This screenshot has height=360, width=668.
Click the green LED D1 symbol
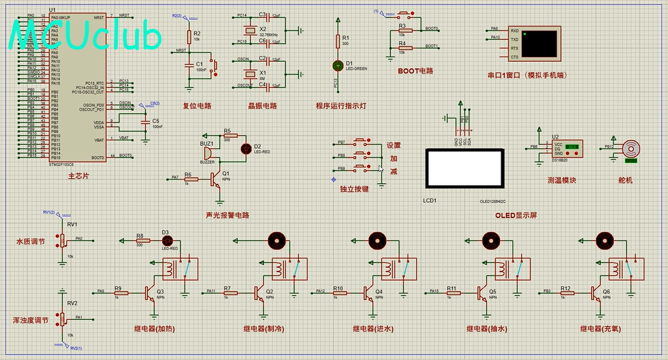[x=338, y=66]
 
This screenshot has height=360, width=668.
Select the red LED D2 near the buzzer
[x=246, y=148]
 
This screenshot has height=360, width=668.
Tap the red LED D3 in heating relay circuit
[x=168, y=240]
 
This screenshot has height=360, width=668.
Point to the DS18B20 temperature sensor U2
[x=566, y=149]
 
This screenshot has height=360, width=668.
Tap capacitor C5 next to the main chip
[x=146, y=121]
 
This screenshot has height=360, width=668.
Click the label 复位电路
[x=197, y=106]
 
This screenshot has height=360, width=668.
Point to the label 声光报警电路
[x=227, y=215]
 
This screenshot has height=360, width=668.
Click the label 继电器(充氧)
[x=601, y=329]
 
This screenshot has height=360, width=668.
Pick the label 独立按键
[x=354, y=190]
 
